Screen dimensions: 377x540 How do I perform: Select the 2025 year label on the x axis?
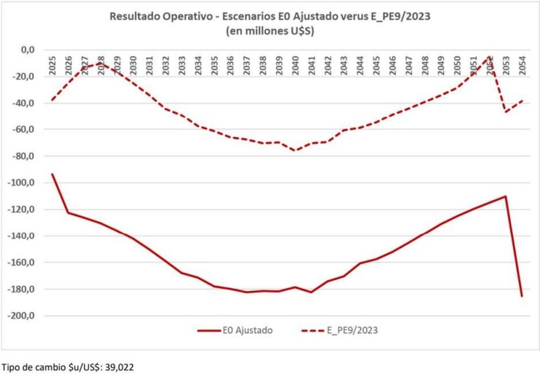click(52, 65)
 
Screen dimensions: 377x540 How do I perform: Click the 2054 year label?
click(522, 65)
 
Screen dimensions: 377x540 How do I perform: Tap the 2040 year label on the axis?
click(295, 65)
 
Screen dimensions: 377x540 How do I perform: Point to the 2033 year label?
click(182, 65)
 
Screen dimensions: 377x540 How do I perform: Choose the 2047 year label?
click(409, 65)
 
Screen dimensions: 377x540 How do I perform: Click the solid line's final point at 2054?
click(522, 296)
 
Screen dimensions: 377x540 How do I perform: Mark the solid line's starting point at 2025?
click(52, 174)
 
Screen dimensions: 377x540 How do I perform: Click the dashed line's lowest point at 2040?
click(295, 151)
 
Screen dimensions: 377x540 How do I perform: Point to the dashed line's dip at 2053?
click(506, 112)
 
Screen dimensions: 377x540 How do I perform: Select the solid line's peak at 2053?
click(506, 196)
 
